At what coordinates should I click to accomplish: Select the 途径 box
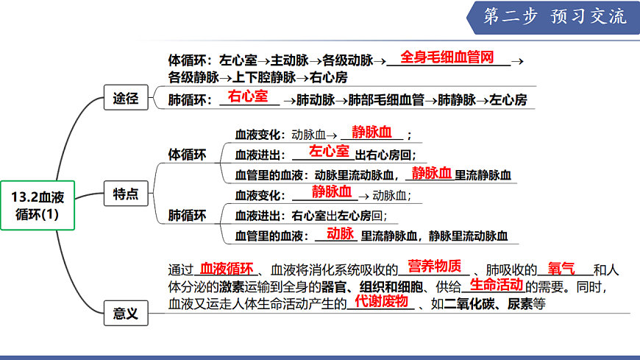point(126,97)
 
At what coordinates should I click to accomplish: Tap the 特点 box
point(126,194)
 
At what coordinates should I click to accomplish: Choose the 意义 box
point(126,313)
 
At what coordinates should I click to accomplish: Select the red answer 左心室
point(329,152)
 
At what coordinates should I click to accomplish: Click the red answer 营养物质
point(434,267)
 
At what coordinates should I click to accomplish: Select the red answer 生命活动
point(496,285)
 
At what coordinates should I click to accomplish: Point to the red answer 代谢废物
point(381,302)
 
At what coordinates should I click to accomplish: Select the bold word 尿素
point(520,304)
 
